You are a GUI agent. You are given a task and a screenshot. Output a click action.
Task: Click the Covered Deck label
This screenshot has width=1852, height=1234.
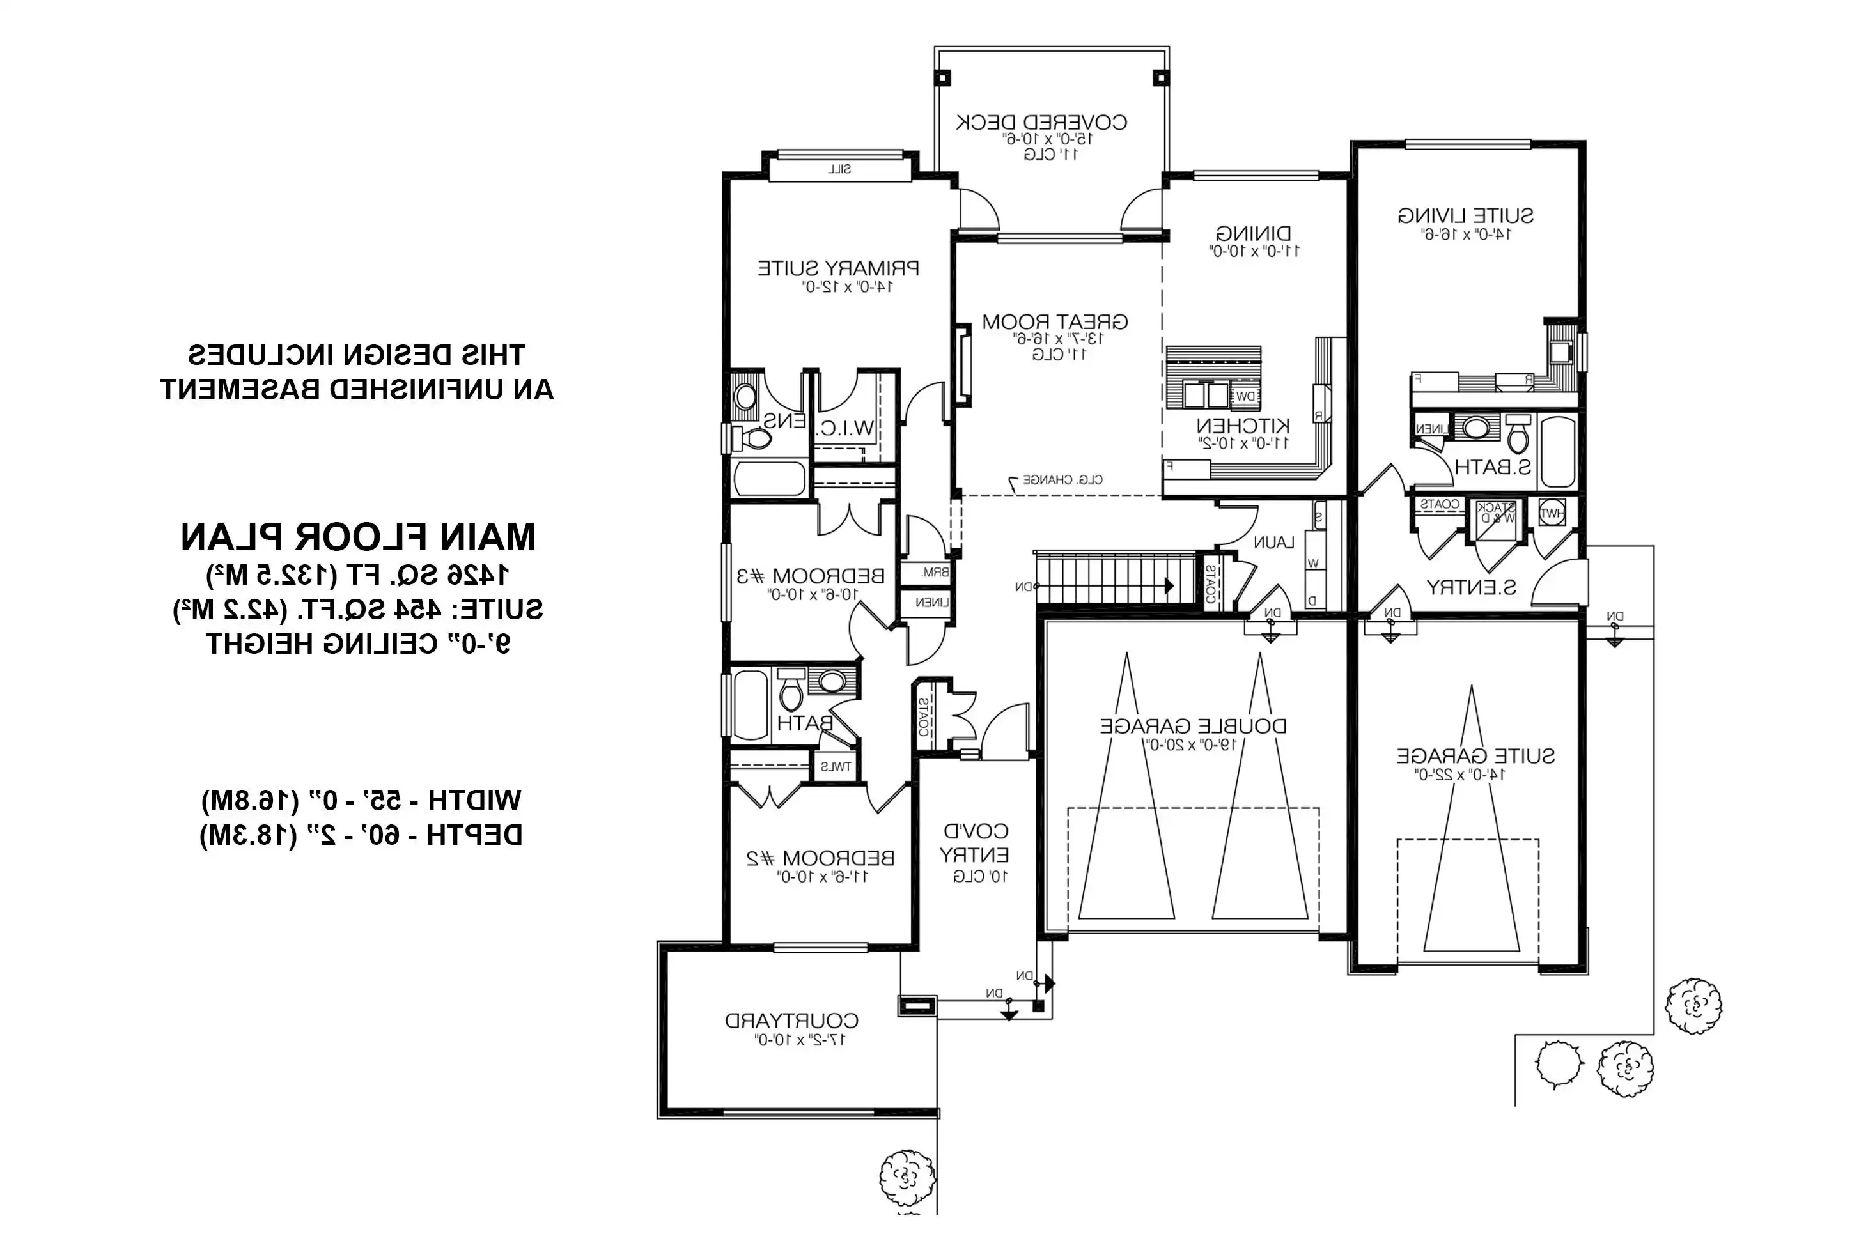point(1041,123)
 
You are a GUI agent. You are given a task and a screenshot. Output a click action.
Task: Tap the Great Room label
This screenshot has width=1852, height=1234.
point(1055,322)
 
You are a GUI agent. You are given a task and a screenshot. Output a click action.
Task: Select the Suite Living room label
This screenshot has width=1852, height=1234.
point(1465,215)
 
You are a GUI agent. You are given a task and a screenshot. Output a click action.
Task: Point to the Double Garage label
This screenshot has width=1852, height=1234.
point(1192,725)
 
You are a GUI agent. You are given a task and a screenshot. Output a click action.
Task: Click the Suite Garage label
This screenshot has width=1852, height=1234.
point(1475,756)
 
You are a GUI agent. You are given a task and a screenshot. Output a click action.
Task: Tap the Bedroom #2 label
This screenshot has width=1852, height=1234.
point(820,858)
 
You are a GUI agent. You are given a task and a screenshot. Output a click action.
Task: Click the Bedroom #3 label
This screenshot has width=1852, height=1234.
point(810,576)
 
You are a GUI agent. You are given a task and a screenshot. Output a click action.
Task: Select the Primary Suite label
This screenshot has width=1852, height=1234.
point(838,268)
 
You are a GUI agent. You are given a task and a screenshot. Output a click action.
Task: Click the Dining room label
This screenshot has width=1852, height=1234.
point(1253,234)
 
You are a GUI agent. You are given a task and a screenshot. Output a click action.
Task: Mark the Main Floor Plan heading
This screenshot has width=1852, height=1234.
point(358,537)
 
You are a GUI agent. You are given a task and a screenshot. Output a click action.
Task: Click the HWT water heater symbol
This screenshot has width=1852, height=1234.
point(1552,513)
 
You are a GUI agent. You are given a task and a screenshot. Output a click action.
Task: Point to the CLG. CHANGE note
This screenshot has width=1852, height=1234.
point(1062,479)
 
